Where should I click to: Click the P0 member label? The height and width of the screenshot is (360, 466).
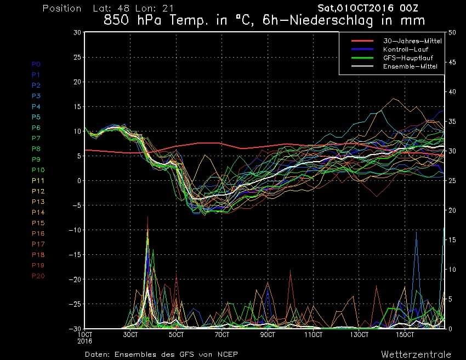(x=36, y=64)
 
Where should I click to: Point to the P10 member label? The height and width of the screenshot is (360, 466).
(x=38, y=170)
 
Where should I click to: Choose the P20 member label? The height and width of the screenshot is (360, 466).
(x=38, y=276)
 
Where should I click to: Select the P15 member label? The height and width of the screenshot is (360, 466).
(x=38, y=223)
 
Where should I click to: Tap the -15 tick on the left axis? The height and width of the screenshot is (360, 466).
(x=75, y=255)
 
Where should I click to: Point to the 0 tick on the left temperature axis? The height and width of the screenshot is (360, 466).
(x=79, y=181)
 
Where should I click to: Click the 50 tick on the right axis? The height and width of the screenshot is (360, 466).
(x=452, y=32)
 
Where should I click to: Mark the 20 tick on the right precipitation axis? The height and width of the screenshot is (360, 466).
(x=452, y=210)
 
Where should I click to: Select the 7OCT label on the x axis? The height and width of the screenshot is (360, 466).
(x=222, y=334)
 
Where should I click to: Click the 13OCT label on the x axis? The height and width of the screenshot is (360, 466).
(x=359, y=334)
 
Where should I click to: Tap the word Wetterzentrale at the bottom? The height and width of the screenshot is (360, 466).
(x=416, y=354)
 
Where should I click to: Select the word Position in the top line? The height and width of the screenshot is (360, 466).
(x=61, y=8)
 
